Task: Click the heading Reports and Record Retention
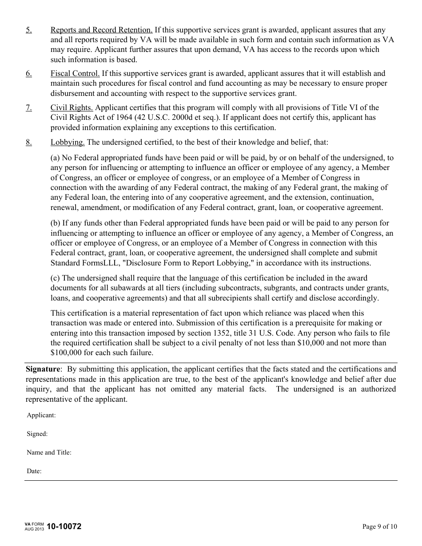click(101, 30)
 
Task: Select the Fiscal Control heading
click(75, 73)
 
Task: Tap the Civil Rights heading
click(72, 107)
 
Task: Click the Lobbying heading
click(68, 142)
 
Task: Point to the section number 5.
click(28, 30)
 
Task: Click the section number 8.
click(28, 142)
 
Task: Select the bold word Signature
click(43, 369)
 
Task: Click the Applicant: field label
click(41, 415)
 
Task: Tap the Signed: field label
click(37, 434)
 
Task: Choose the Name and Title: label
click(49, 453)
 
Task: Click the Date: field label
click(34, 471)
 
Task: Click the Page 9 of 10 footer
click(380, 527)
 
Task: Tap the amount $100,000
click(65, 353)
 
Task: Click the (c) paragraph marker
click(56, 278)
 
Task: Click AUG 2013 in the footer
click(34, 530)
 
